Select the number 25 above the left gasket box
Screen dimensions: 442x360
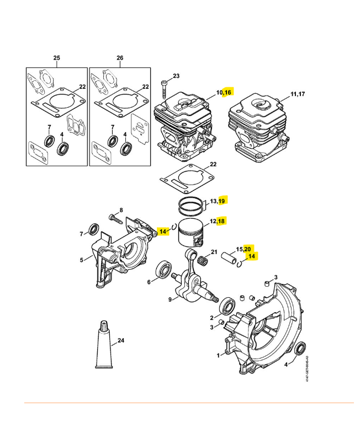coord(56,58)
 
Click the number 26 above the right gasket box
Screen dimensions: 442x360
coord(120,58)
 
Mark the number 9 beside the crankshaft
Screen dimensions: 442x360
coord(155,301)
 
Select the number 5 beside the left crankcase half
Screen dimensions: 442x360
coord(81,260)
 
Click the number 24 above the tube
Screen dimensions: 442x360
coord(120,340)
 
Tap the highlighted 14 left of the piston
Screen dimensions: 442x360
coord(162,231)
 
